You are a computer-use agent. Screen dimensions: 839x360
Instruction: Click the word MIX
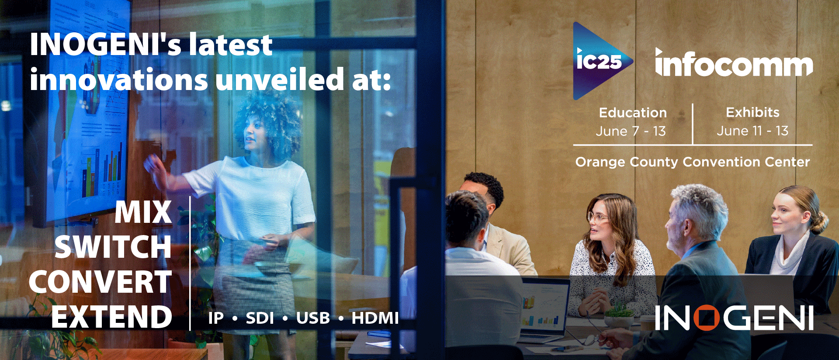(143, 212)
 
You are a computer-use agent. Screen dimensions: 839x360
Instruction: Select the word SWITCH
(113, 247)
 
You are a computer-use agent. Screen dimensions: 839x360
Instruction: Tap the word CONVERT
(101, 282)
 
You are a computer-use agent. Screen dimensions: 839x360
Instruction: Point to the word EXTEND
(112, 317)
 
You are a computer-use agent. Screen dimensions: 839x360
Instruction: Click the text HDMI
(375, 318)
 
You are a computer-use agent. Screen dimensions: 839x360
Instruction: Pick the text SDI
(260, 318)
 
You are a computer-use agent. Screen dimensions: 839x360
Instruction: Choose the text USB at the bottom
(313, 318)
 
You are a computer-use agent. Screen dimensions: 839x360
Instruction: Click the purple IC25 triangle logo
(601, 61)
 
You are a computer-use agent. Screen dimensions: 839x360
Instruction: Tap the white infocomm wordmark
(734, 63)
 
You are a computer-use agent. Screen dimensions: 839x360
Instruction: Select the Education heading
(633, 113)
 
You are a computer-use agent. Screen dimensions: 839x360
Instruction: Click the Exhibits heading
(752, 112)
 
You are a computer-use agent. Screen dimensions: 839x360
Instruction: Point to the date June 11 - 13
(752, 131)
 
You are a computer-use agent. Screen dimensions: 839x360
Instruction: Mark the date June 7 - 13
(631, 131)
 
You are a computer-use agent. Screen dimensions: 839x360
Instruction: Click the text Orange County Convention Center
(693, 162)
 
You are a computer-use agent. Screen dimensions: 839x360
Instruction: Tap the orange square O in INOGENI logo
(706, 318)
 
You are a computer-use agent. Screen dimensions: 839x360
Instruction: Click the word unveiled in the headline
(280, 80)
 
